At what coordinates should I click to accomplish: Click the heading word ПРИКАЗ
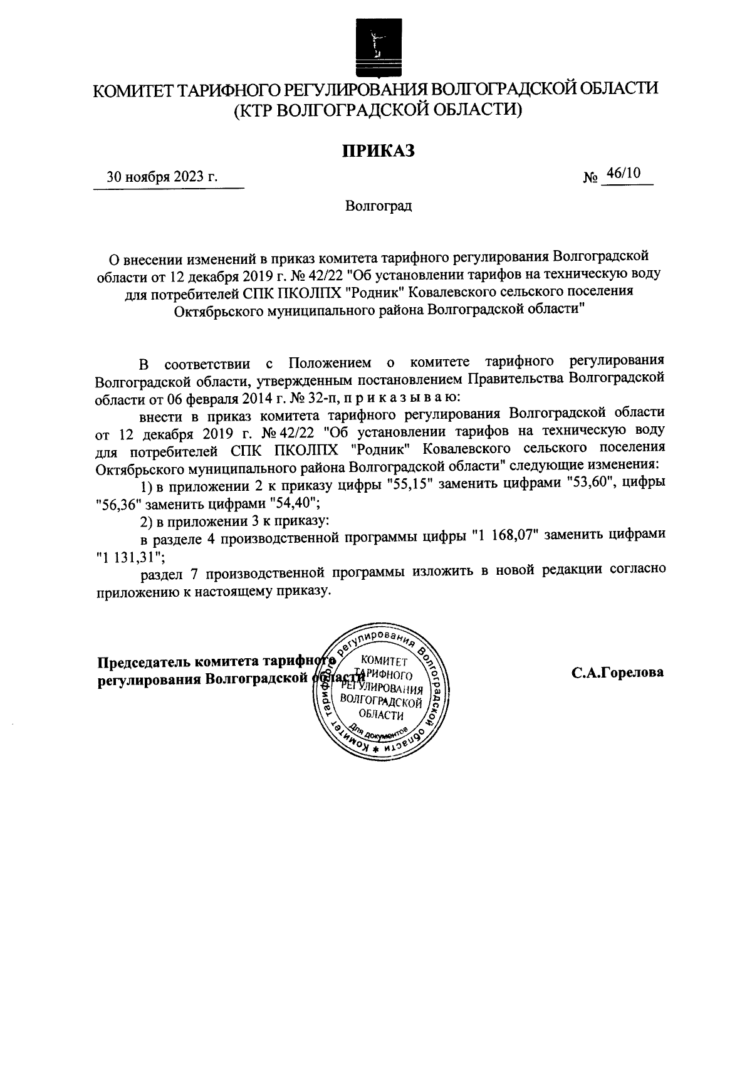[x=378, y=150]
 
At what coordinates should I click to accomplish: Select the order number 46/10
[x=624, y=174]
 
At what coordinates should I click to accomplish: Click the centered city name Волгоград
[x=379, y=206]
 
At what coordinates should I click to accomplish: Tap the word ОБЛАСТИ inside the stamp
[x=382, y=715]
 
